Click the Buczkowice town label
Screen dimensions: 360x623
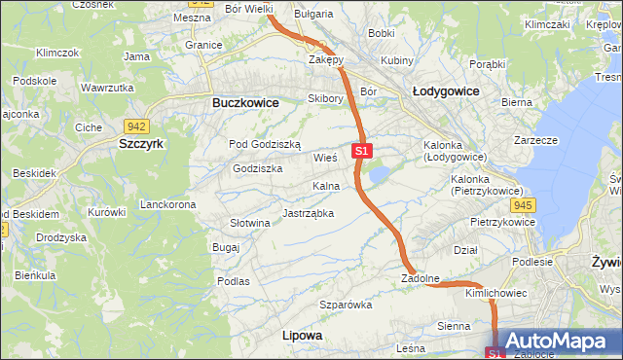(x=245, y=102)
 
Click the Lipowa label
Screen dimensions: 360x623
(x=301, y=335)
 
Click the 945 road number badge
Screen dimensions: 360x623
(x=523, y=204)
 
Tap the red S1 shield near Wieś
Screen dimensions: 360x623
(x=361, y=151)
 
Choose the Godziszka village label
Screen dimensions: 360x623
(x=257, y=168)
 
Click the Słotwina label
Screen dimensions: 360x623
(x=249, y=223)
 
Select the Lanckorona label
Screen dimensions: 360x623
(x=168, y=204)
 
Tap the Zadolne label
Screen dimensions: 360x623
(x=421, y=278)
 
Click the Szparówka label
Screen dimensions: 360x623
(x=347, y=305)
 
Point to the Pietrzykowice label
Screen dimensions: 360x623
(x=502, y=222)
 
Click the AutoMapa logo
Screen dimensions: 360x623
(x=555, y=342)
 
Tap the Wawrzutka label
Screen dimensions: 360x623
(x=107, y=88)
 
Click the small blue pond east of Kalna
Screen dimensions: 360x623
(x=380, y=174)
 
